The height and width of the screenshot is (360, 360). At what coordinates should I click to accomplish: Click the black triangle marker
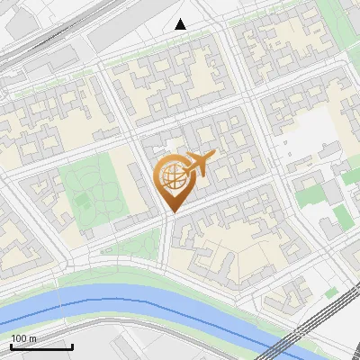pyautogui.click(x=181, y=24)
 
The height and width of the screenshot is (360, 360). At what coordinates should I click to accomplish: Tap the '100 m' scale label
pyautogui.click(x=24, y=338)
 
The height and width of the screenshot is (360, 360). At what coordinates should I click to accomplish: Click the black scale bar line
pyautogui.click(x=41, y=346)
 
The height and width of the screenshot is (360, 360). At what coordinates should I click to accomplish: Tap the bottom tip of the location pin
pyautogui.click(x=171, y=212)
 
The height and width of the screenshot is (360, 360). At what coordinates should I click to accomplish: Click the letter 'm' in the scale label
pyautogui.click(x=33, y=338)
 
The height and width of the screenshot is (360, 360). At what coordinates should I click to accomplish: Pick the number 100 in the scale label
pyautogui.click(x=19, y=338)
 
